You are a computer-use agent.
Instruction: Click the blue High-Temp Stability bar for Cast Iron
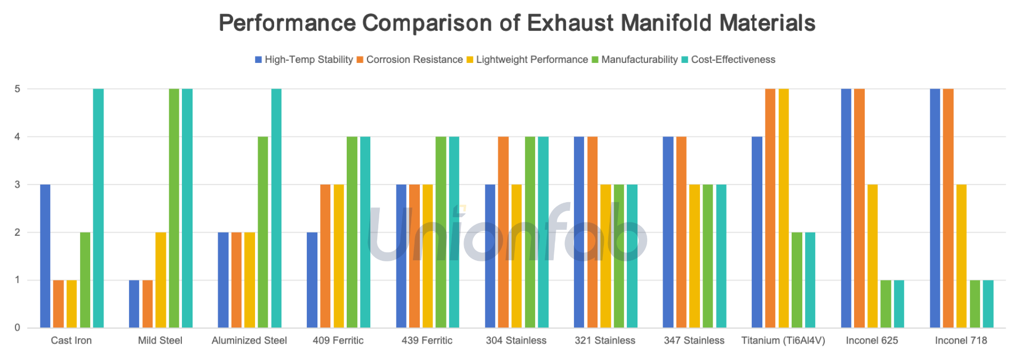(x=45, y=256)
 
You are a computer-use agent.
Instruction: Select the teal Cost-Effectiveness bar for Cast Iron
(x=98, y=208)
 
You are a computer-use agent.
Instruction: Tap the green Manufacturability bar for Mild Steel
(x=174, y=208)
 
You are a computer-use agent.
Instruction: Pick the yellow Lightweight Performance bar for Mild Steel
(x=161, y=280)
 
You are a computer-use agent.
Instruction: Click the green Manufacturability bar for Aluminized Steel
(x=263, y=232)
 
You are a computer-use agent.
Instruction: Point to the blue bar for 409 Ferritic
(x=312, y=280)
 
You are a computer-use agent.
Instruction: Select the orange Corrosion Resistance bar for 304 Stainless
(x=503, y=232)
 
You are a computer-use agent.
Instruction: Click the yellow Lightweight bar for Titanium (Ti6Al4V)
(x=783, y=208)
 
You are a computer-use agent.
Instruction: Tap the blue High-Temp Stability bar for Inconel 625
(x=846, y=208)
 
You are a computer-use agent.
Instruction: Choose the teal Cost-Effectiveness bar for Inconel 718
(x=988, y=304)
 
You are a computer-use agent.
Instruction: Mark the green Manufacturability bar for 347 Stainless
(x=708, y=256)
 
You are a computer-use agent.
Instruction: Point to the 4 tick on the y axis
(x=18, y=137)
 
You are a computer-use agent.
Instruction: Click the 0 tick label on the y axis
(x=18, y=327)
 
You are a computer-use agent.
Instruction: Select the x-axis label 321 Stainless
(x=605, y=340)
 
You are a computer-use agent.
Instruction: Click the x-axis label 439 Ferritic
(x=427, y=340)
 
